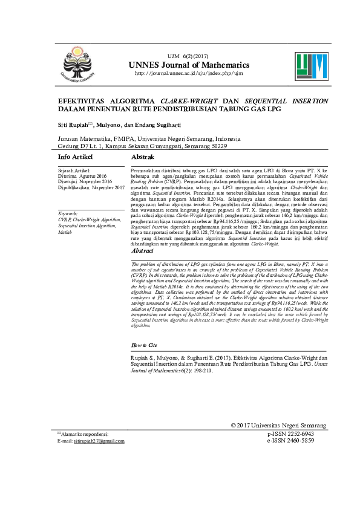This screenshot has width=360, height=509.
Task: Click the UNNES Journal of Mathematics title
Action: click(x=188, y=65)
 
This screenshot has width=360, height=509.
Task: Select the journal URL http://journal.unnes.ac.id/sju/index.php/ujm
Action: click(x=188, y=74)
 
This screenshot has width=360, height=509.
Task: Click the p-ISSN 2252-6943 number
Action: click(x=290, y=434)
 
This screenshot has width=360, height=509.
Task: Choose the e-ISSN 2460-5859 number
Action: click(x=290, y=441)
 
